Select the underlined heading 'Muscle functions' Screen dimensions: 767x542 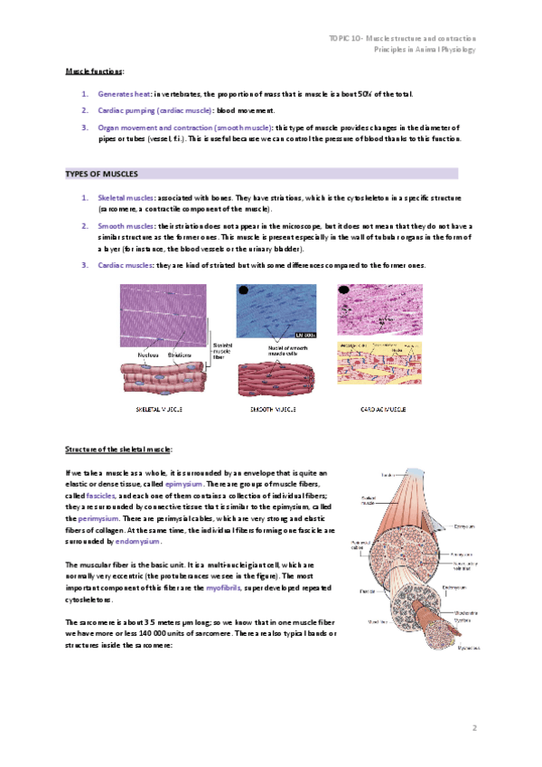click(95, 71)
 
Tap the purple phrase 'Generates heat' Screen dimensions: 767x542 click(124, 93)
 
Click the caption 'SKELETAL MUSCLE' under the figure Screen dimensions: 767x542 click(159, 409)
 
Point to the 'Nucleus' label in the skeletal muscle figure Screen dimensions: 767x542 click(148, 355)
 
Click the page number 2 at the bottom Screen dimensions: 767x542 click(473, 727)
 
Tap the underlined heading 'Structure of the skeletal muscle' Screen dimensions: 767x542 click(118, 449)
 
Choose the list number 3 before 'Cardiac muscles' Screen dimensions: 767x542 click(85, 264)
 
